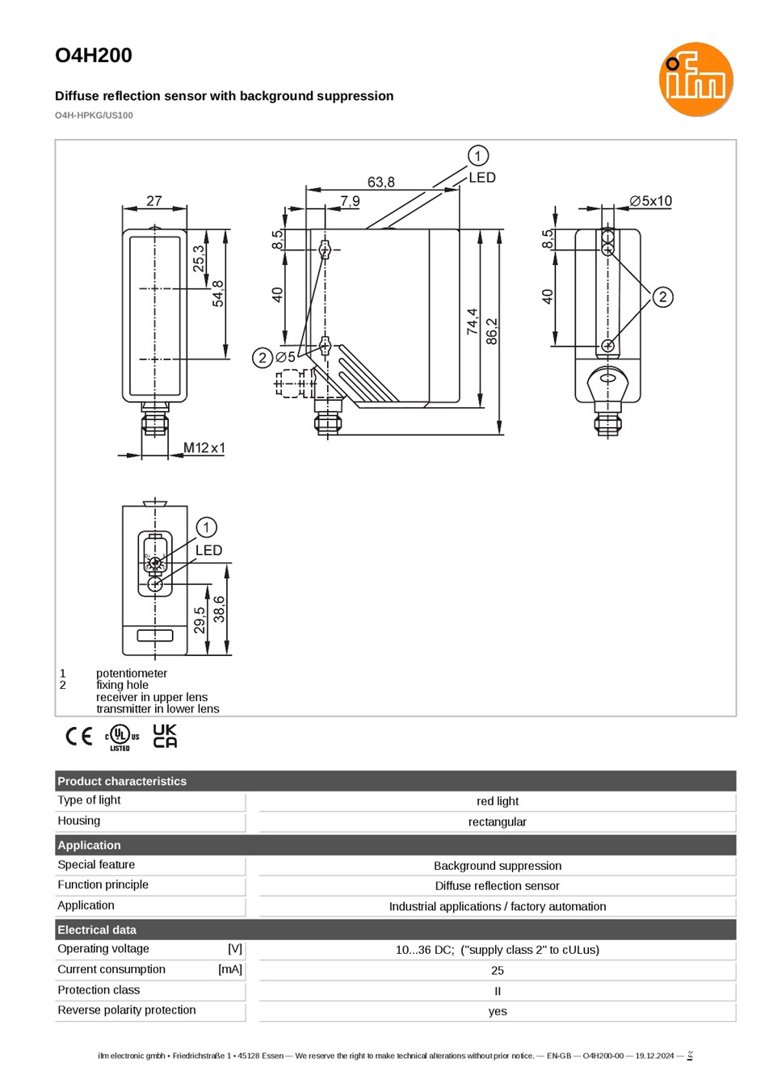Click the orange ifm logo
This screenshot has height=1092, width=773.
pyautogui.click(x=695, y=79)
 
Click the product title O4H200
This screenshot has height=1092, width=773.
pyautogui.click(x=94, y=55)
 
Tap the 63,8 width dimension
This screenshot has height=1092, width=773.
pyautogui.click(x=380, y=182)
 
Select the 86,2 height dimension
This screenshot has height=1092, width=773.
pyautogui.click(x=492, y=331)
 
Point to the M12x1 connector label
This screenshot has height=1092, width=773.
pyautogui.click(x=204, y=447)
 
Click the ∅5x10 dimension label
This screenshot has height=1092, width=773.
pyautogui.click(x=650, y=201)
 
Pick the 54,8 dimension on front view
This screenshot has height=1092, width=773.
pyautogui.click(x=218, y=293)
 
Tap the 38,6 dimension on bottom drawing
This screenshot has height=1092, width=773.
pyautogui.click(x=220, y=609)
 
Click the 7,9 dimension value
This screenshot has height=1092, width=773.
pyautogui.click(x=350, y=201)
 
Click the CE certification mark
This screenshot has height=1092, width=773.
pyautogui.click(x=79, y=736)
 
